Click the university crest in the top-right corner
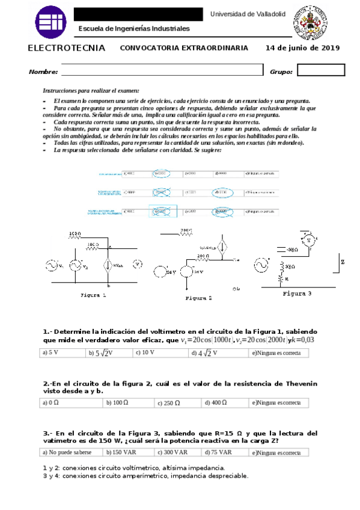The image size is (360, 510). click(310, 21)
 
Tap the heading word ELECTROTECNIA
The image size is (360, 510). click(67, 48)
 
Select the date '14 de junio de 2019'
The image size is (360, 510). click(303, 48)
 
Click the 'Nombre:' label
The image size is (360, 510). click(43, 72)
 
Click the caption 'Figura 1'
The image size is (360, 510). click(93, 295)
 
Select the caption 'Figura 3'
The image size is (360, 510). click(297, 294)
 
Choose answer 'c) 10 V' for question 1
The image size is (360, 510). click(145, 353)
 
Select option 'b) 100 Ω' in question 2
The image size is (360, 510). click(118, 402)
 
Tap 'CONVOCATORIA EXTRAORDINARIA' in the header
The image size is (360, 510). click(184, 48)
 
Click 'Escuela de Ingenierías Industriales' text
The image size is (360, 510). click(134, 28)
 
